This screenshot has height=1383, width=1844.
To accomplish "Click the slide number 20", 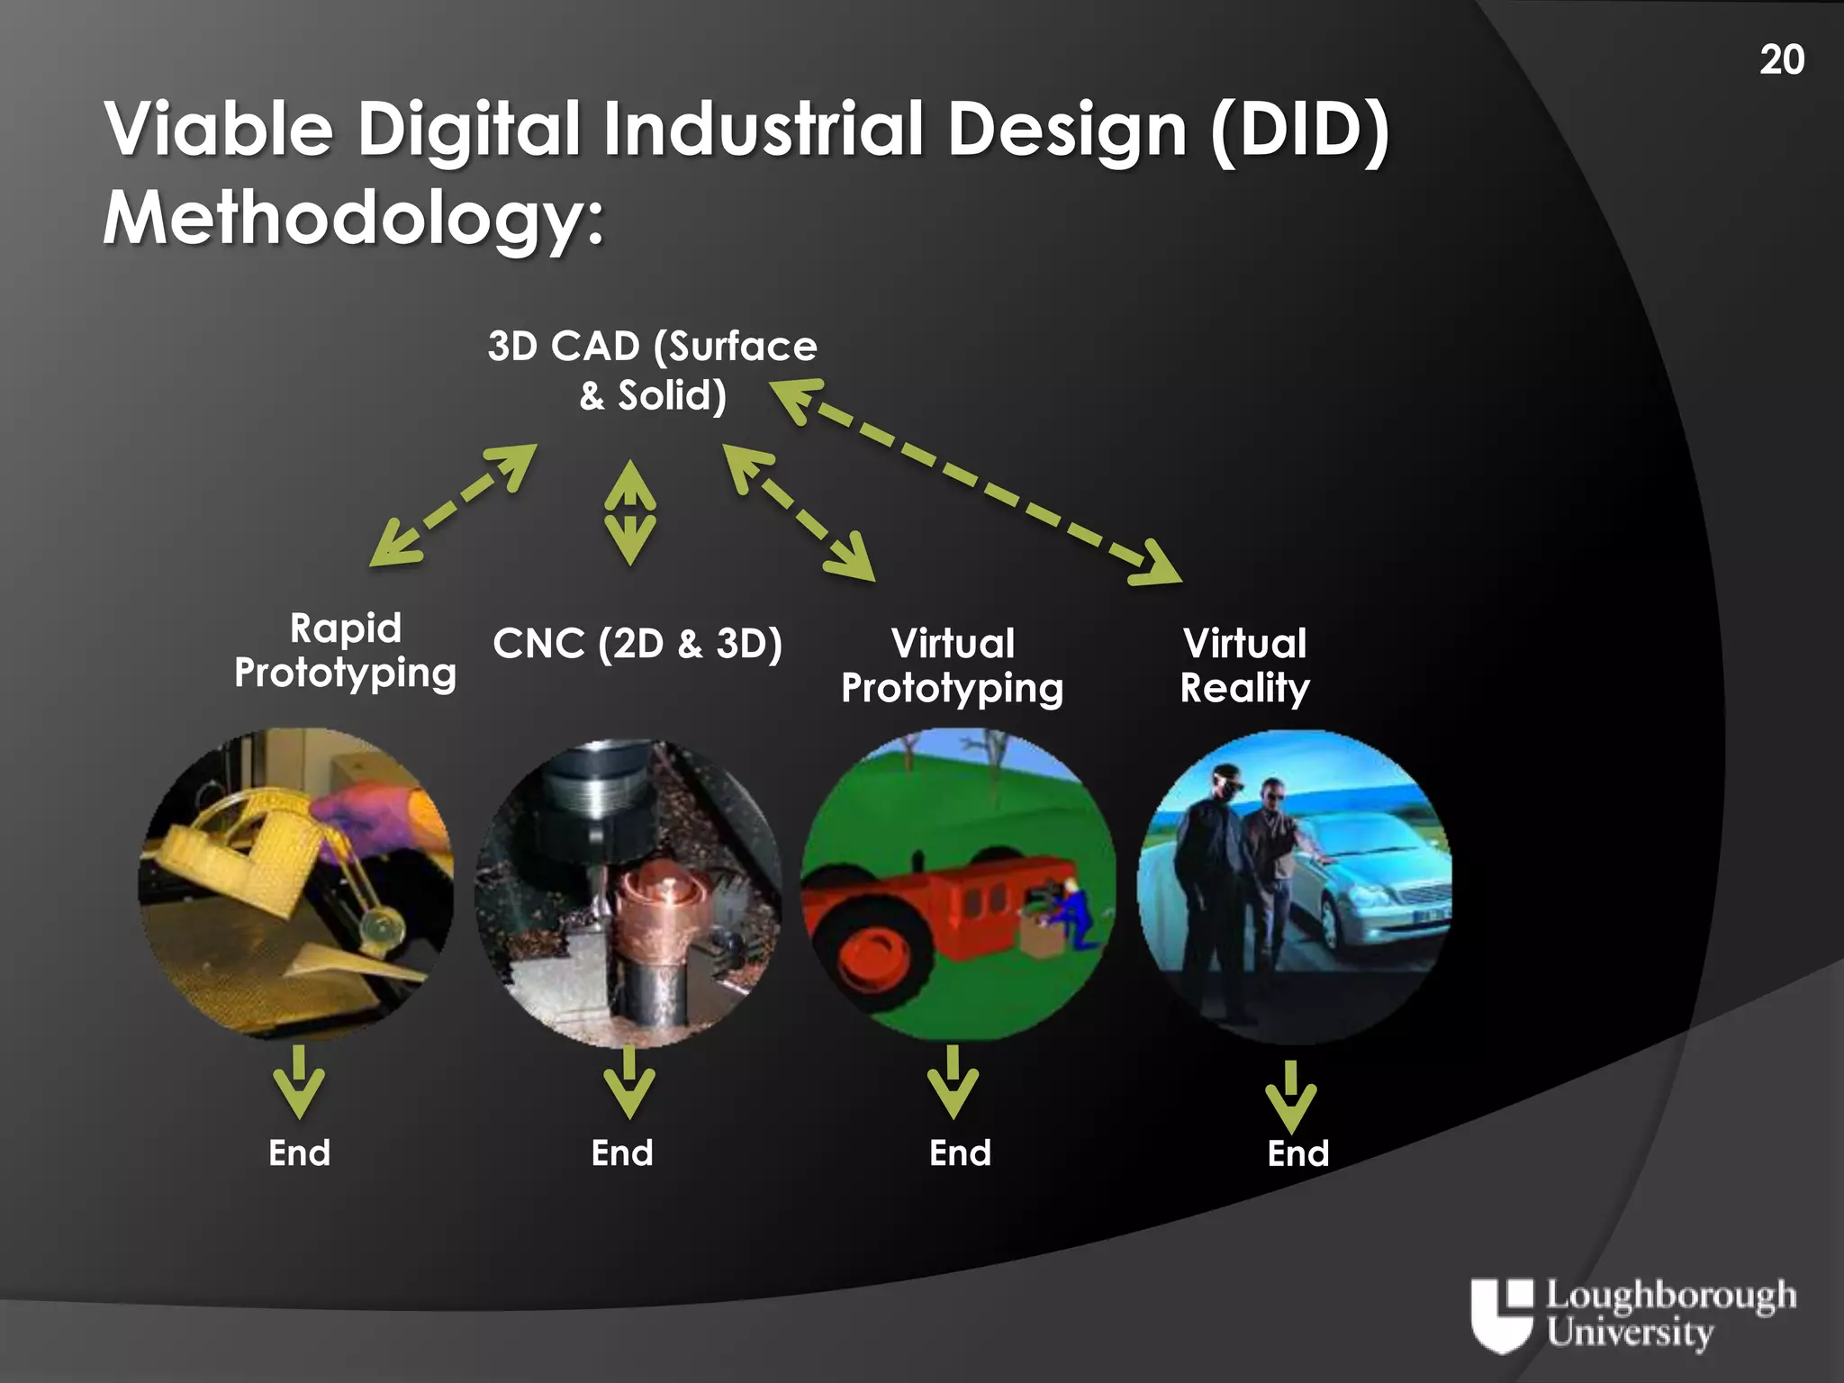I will [1781, 60].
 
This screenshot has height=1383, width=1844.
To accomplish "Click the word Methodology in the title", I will [352, 218].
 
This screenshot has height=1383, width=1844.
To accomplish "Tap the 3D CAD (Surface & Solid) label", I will [653, 370].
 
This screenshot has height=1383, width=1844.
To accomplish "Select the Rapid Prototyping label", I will [345, 650].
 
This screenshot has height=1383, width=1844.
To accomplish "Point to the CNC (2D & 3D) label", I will [637, 644].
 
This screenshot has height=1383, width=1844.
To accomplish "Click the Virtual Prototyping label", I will [952, 665].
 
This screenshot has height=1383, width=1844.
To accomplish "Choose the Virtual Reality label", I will [1244, 665].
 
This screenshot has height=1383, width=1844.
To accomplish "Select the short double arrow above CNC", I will [629, 512].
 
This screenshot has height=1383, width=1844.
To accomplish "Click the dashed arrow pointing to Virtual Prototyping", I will [799, 512].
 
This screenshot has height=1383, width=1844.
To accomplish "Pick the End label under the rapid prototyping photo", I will [299, 1153].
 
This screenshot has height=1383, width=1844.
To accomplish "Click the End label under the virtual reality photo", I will [1297, 1153].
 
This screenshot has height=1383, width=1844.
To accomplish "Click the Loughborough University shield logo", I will [1501, 1315].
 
